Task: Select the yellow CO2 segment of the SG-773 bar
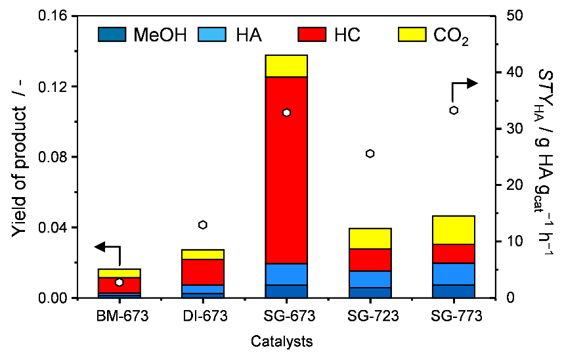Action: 454,230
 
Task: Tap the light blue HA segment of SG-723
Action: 370,279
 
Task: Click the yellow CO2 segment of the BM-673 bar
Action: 119,273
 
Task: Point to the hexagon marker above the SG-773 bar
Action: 454,110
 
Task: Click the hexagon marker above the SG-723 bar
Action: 370,154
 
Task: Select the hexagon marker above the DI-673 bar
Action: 203,225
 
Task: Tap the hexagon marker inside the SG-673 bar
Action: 286,113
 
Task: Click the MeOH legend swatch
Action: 112,34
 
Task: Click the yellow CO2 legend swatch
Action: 414,34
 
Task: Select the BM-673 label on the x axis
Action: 119,316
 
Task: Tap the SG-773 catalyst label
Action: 454,316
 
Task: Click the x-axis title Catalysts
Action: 281,342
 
